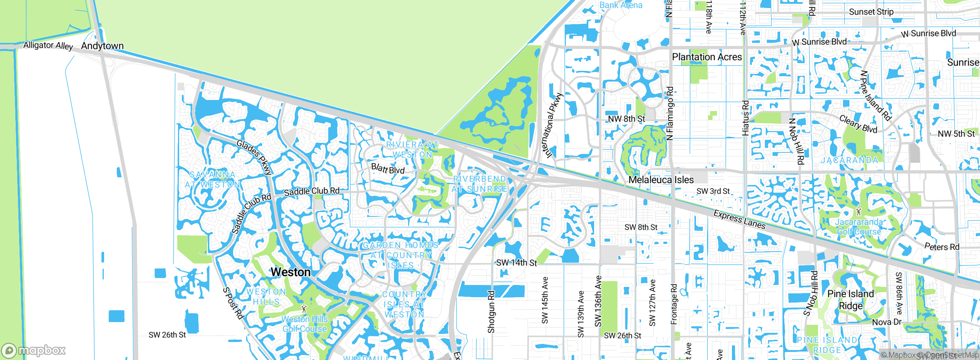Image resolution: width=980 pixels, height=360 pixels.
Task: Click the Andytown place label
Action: (x=102, y=46)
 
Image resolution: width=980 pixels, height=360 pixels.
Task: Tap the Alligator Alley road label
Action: (x=48, y=45)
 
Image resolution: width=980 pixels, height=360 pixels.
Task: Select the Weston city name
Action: (x=291, y=272)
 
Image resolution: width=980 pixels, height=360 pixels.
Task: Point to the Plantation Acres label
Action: (x=707, y=57)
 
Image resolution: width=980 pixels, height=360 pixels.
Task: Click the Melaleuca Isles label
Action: (x=661, y=180)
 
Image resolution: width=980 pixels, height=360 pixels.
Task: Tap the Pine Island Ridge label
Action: (x=851, y=300)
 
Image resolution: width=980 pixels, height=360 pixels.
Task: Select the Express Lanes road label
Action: (x=739, y=220)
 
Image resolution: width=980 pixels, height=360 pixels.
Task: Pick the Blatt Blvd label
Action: (x=388, y=169)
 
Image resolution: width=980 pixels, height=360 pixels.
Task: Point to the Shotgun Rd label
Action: (x=491, y=311)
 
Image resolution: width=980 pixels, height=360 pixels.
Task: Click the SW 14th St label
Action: (x=516, y=263)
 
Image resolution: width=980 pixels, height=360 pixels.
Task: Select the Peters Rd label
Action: (x=942, y=247)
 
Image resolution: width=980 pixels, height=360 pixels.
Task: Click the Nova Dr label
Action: (x=887, y=322)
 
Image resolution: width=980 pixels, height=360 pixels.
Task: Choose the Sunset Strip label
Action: (x=871, y=12)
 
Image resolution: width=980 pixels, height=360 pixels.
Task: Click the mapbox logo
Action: (x=34, y=350)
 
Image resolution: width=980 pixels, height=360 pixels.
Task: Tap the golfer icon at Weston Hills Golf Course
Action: (x=304, y=308)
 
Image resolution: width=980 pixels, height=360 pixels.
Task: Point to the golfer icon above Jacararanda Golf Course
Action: (x=859, y=211)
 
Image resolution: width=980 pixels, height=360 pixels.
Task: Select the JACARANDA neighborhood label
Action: (x=849, y=160)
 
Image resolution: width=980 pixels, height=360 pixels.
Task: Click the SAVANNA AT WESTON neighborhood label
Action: (x=213, y=180)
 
